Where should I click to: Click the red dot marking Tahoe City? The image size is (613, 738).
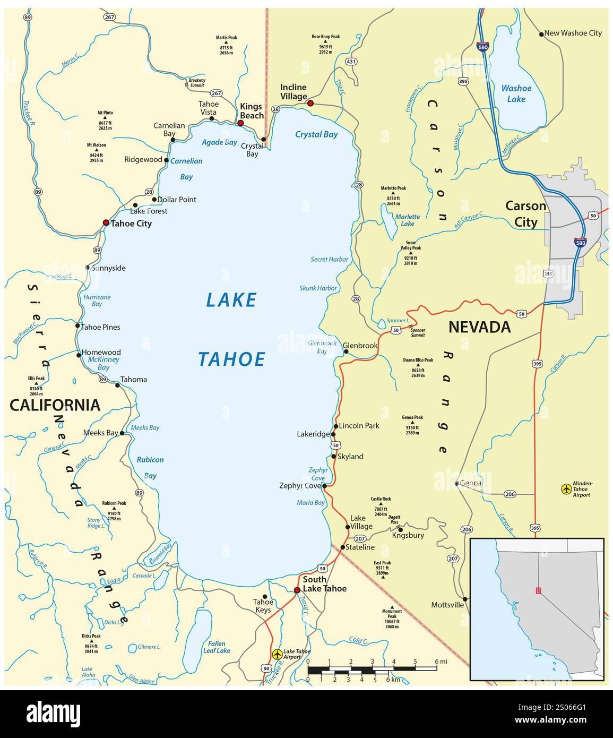click(106, 223)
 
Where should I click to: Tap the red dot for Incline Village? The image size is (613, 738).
click(310, 103)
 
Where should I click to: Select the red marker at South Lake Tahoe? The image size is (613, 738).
click(297, 590)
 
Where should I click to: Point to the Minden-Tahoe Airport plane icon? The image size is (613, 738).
click(566, 488)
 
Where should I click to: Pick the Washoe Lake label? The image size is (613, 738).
click(516, 94)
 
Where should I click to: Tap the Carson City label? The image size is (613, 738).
click(525, 213)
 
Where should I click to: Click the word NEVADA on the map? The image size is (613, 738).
click(479, 327)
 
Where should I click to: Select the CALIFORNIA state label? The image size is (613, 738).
click(55, 405)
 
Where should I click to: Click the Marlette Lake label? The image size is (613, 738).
click(407, 220)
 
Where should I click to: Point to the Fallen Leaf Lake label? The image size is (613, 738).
click(217, 647)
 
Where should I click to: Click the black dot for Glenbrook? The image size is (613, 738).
click(346, 351)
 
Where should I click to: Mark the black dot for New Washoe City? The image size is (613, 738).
click(541, 34)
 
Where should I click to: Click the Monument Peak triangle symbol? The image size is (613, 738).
click(392, 607)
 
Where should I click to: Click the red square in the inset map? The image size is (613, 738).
click(539, 590)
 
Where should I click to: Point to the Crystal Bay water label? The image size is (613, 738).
click(316, 134)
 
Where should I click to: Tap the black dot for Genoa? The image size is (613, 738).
click(456, 483)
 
